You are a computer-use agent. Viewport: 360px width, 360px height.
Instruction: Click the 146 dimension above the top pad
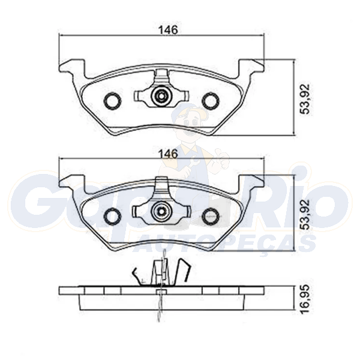point(169,30)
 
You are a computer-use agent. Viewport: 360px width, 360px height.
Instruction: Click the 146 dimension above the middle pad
point(169,154)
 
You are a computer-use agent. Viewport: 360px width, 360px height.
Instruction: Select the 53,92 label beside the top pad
point(305,99)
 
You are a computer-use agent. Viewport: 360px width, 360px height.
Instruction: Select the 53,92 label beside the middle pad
point(305,214)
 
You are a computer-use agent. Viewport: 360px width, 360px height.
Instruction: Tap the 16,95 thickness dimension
point(305,299)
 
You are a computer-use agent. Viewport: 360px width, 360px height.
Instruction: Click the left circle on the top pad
point(112,100)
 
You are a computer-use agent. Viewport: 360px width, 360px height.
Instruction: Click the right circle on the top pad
point(211,100)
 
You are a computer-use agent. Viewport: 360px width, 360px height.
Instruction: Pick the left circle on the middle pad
point(112,215)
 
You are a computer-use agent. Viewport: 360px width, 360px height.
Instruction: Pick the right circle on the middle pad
point(211,215)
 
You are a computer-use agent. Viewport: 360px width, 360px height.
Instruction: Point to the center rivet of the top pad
point(161,95)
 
